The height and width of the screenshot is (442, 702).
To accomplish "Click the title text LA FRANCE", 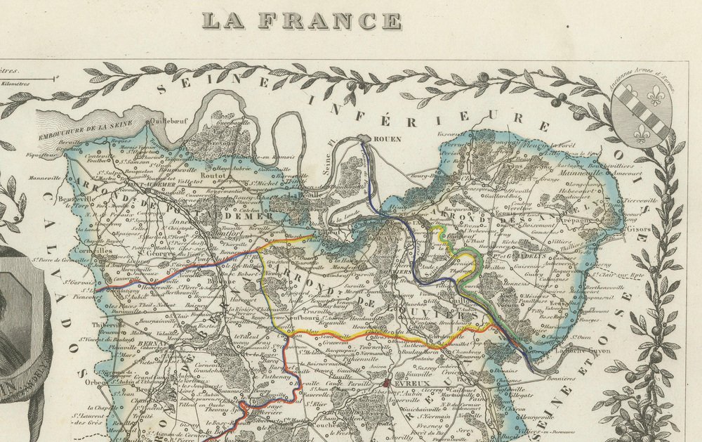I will click(x=303, y=21).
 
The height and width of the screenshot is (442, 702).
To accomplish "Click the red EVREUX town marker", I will click(x=388, y=383).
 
